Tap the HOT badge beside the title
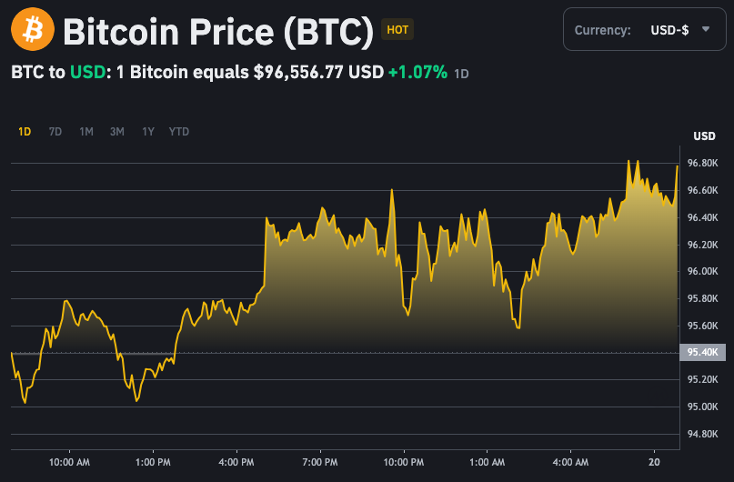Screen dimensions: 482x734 point(397,30)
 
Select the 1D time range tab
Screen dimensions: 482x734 point(25,132)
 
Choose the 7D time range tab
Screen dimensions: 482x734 point(55,132)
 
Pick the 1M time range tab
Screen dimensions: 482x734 point(86,132)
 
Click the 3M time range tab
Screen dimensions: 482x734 point(117,132)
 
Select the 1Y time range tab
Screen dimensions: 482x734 point(148,132)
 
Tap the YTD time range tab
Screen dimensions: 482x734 point(179,132)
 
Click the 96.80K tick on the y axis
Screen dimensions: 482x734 point(704,164)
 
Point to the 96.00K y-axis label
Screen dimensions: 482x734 point(704,272)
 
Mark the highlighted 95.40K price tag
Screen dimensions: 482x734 point(704,353)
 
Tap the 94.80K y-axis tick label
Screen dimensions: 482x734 point(704,434)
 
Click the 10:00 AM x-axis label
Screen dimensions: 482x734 point(69,462)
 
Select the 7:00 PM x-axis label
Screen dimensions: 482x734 point(320,462)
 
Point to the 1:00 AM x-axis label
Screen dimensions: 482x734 point(488,462)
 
